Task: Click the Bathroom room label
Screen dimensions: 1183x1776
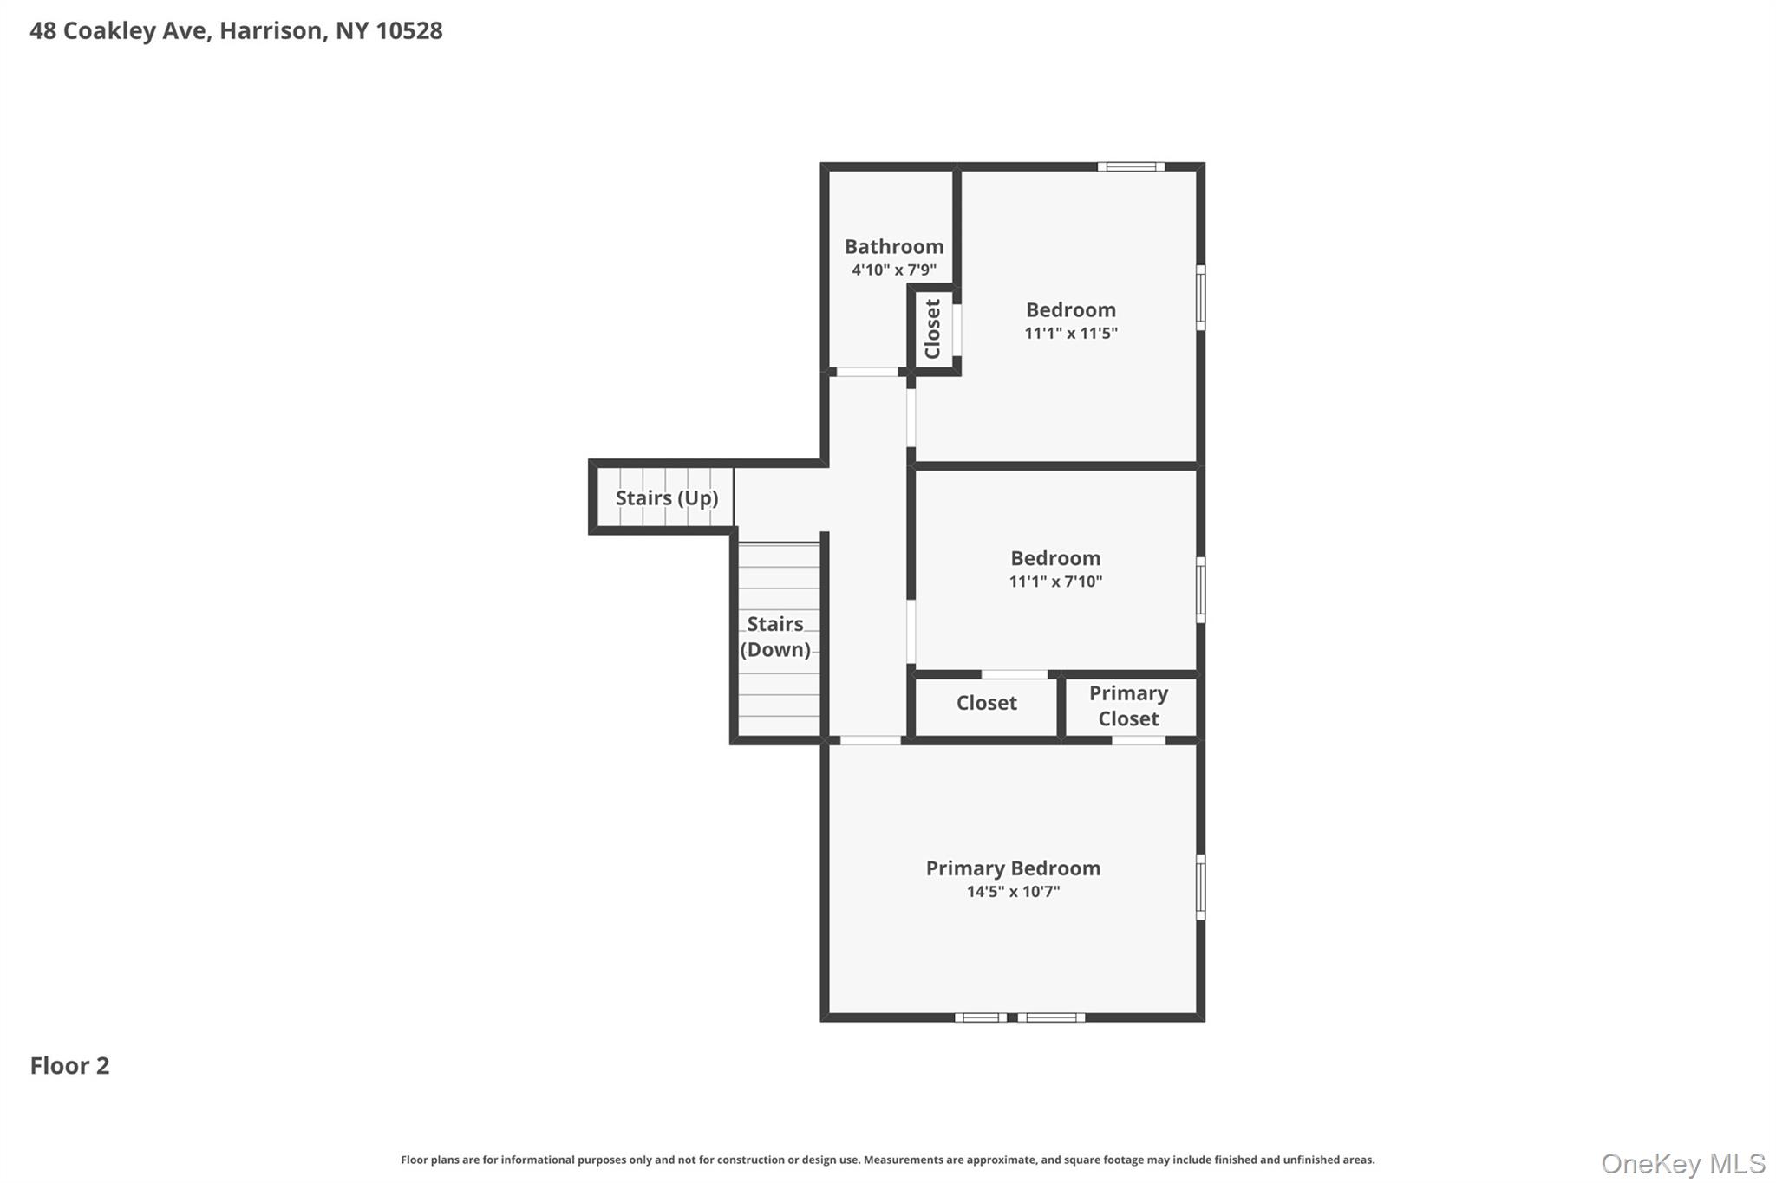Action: pos(893,247)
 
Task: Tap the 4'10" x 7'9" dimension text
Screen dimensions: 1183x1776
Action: pos(893,270)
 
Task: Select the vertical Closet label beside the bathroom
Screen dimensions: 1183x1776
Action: pos(933,328)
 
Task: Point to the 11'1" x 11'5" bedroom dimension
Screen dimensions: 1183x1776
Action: pos(1070,333)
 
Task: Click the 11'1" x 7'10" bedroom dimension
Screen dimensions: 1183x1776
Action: pos(1054,582)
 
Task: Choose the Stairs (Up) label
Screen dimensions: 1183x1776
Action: pos(666,498)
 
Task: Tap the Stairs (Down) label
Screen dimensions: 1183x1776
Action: pos(775,636)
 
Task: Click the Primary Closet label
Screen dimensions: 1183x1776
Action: pos(1128,705)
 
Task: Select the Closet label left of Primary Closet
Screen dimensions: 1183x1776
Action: pos(986,703)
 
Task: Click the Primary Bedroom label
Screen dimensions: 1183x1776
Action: pos(1012,868)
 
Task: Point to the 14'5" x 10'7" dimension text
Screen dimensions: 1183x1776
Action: pos(1013,892)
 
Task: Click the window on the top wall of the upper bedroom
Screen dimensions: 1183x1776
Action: pos(1130,166)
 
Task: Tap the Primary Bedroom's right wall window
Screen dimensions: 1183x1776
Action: pos(1200,887)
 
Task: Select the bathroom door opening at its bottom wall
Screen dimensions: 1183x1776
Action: pos(867,372)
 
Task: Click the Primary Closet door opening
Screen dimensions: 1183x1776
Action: pos(1138,740)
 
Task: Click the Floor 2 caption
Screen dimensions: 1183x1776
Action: pos(69,1066)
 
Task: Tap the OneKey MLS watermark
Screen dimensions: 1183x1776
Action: pos(1682,1163)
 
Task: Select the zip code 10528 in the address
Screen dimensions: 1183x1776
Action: pos(409,30)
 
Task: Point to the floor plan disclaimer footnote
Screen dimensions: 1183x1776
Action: pos(887,1160)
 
